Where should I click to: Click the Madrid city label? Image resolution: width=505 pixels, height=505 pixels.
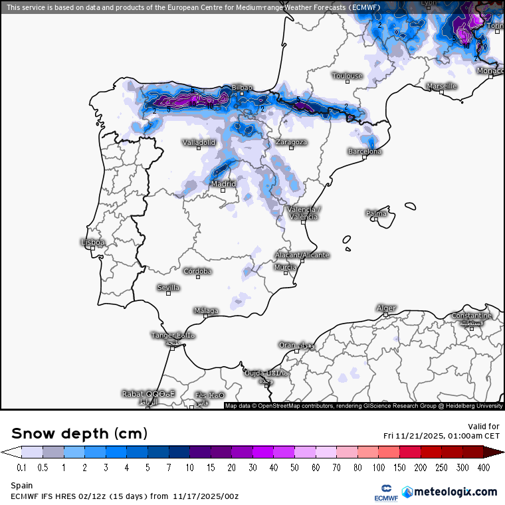click(223, 184)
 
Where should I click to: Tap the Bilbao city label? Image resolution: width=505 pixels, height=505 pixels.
click(242, 88)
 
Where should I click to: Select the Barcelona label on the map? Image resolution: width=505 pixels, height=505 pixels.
click(365, 151)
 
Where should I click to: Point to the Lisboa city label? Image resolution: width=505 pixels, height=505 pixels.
click(92, 243)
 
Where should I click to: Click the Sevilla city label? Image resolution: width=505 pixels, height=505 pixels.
click(168, 287)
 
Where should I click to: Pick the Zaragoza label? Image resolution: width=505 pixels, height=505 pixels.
click(291, 142)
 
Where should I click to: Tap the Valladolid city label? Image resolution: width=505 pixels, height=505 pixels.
click(199, 142)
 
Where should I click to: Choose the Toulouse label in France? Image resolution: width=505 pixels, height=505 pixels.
click(348, 76)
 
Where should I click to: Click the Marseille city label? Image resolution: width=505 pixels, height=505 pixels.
click(441, 86)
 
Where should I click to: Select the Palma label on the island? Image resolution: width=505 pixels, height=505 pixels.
click(376, 213)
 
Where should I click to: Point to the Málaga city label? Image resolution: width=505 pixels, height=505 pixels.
click(206, 310)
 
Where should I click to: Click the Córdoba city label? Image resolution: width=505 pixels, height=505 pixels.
click(197, 271)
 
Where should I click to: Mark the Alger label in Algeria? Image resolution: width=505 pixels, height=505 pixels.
click(386, 308)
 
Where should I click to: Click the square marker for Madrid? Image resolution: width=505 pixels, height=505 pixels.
click(223, 191)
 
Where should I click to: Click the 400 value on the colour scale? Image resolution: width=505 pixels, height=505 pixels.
click(484, 468)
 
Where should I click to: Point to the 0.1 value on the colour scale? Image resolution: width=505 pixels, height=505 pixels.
click(21, 468)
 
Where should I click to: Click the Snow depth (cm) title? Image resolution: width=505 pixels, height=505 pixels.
click(79, 433)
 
